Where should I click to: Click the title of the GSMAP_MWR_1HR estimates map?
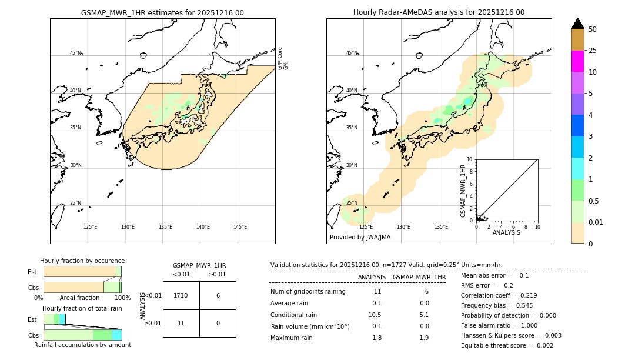pyautogui.click(x=162, y=12)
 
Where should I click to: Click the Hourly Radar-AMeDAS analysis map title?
pyautogui.click(x=439, y=12)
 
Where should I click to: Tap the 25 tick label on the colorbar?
pyautogui.click(x=593, y=51)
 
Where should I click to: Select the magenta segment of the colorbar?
pyautogui.click(x=577, y=61)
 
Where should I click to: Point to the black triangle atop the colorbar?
pyautogui.click(x=577, y=24)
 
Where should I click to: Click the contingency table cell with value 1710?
pyautogui.click(x=181, y=295)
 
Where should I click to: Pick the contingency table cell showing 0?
pyautogui.click(x=218, y=323)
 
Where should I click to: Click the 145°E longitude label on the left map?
pyautogui.click(x=240, y=227)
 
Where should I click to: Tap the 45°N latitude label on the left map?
pyautogui.click(x=75, y=53)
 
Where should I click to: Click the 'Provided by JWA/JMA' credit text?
pyautogui.click(x=360, y=238)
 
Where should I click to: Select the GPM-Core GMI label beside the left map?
pyautogui.click(x=283, y=58)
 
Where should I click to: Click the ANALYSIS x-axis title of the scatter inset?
pyautogui.click(x=506, y=232)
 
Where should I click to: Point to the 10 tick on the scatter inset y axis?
pyautogui.click(x=470, y=159)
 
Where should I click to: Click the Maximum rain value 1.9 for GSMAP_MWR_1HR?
pyautogui.click(x=424, y=338)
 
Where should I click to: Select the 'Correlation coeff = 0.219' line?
pyautogui.click(x=499, y=296)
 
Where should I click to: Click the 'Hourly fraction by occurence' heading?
pyautogui.click(x=82, y=261)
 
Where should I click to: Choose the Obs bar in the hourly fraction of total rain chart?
pyautogui.click(x=82, y=335)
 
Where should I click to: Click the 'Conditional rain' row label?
pyautogui.click(x=293, y=315)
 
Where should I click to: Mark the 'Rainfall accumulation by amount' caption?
pyautogui.click(x=82, y=345)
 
